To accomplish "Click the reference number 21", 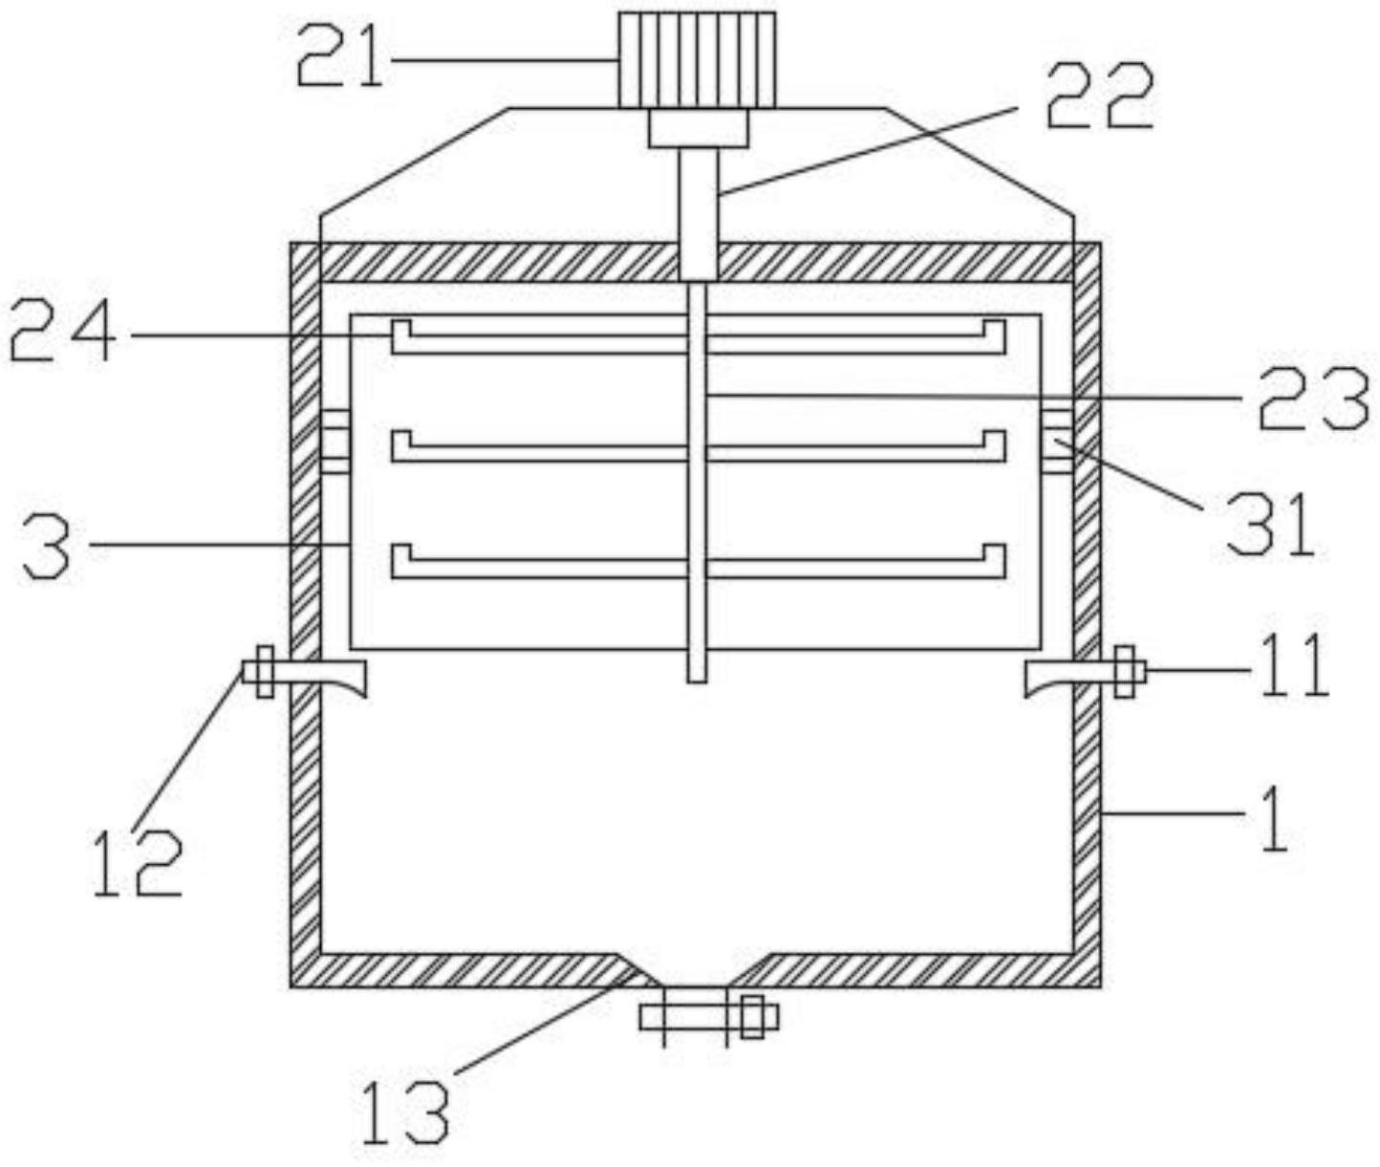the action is click(x=339, y=60).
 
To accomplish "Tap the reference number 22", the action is click(x=1099, y=98).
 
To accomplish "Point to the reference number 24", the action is click(x=63, y=335).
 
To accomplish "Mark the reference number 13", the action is click(x=405, y=1113).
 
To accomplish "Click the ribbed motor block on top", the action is click(x=696, y=59).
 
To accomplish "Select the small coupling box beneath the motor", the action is click(x=698, y=128).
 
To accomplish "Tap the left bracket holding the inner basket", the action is click(x=334, y=441).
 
